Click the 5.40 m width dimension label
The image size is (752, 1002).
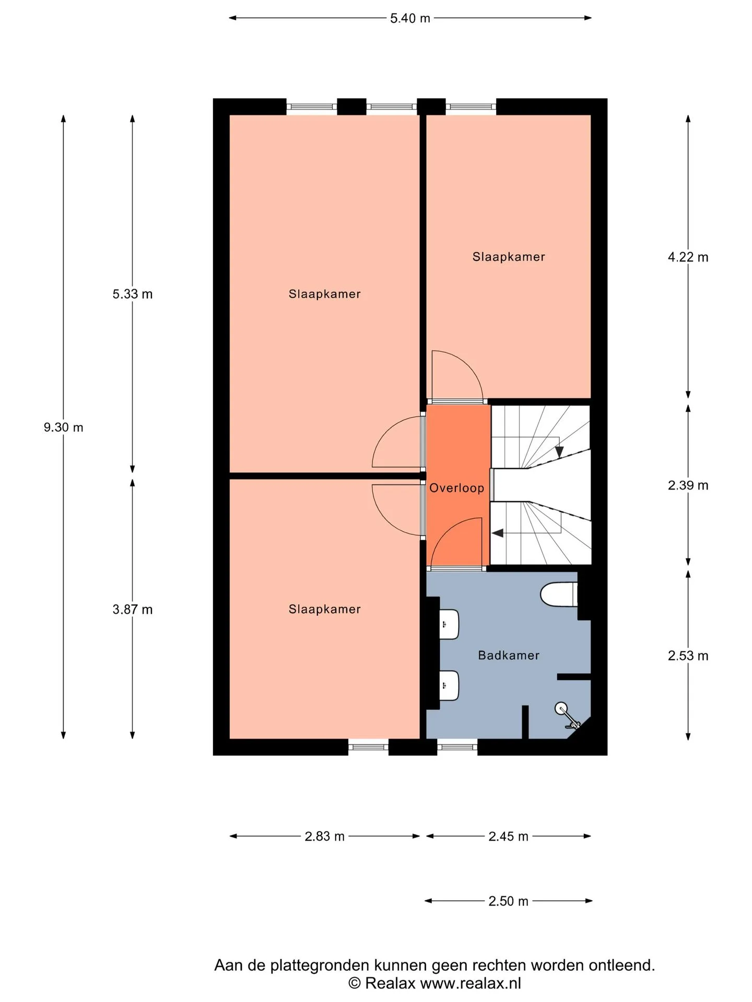(410, 18)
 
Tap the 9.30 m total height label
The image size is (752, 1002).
(63, 427)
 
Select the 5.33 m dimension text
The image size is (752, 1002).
(133, 294)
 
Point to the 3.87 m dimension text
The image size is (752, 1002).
(133, 609)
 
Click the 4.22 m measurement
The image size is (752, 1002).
(688, 257)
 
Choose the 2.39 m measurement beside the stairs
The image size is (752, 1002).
(688, 485)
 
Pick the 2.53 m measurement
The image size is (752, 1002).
(688, 656)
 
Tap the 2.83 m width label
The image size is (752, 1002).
(324, 837)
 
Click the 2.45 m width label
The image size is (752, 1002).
(508, 837)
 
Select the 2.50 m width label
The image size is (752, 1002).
(508, 901)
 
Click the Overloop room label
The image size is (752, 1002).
(457, 488)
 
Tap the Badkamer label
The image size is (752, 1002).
(509, 655)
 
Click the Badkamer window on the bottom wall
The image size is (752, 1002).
(457, 747)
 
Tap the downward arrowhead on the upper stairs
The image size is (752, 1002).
(559, 451)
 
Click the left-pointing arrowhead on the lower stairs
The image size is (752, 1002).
(498, 533)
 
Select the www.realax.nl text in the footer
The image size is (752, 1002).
(471, 984)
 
